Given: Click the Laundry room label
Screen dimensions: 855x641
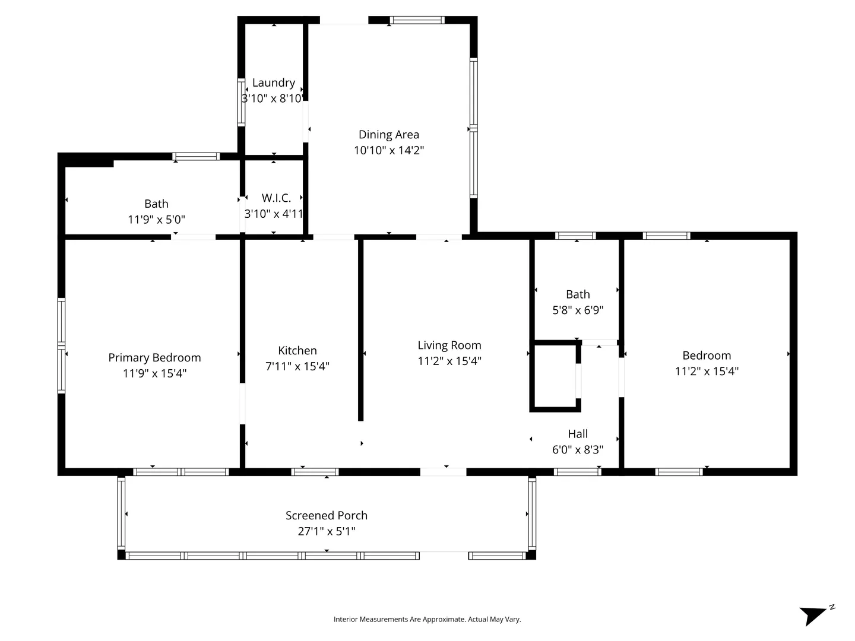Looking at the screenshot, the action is click(x=274, y=82).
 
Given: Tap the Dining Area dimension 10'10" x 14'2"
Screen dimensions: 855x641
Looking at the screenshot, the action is click(x=388, y=150).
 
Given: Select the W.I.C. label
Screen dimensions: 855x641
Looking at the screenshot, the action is click(x=276, y=198).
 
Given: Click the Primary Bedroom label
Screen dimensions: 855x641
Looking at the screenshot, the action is click(x=154, y=357).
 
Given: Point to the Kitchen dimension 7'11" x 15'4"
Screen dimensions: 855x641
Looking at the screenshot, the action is click(x=297, y=366).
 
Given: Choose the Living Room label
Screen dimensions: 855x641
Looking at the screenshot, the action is click(x=449, y=345).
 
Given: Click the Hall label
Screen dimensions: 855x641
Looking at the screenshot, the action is click(x=578, y=433).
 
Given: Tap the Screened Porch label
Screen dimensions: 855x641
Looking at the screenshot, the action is click(x=327, y=515).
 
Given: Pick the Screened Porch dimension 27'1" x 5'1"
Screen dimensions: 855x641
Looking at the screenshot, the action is click(x=327, y=531).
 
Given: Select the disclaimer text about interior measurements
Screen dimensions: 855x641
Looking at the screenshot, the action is click(x=427, y=619).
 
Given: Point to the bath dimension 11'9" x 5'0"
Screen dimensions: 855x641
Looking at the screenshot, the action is click(x=156, y=220).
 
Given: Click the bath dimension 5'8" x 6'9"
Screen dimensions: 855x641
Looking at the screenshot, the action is click(x=578, y=310).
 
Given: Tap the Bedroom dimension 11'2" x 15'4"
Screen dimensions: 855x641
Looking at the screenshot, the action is click(x=707, y=372).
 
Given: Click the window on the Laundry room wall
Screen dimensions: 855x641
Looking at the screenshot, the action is click(x=241, y=102).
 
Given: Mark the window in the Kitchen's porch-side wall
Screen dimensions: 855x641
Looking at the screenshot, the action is click(x=315, y=472).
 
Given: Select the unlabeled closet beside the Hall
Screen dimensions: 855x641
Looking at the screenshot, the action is click(x=555, y=376).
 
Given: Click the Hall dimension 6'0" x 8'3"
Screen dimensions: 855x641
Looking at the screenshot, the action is click(x=578, y=450).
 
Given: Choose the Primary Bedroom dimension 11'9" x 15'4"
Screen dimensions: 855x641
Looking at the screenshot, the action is click(x=154, y=374).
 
